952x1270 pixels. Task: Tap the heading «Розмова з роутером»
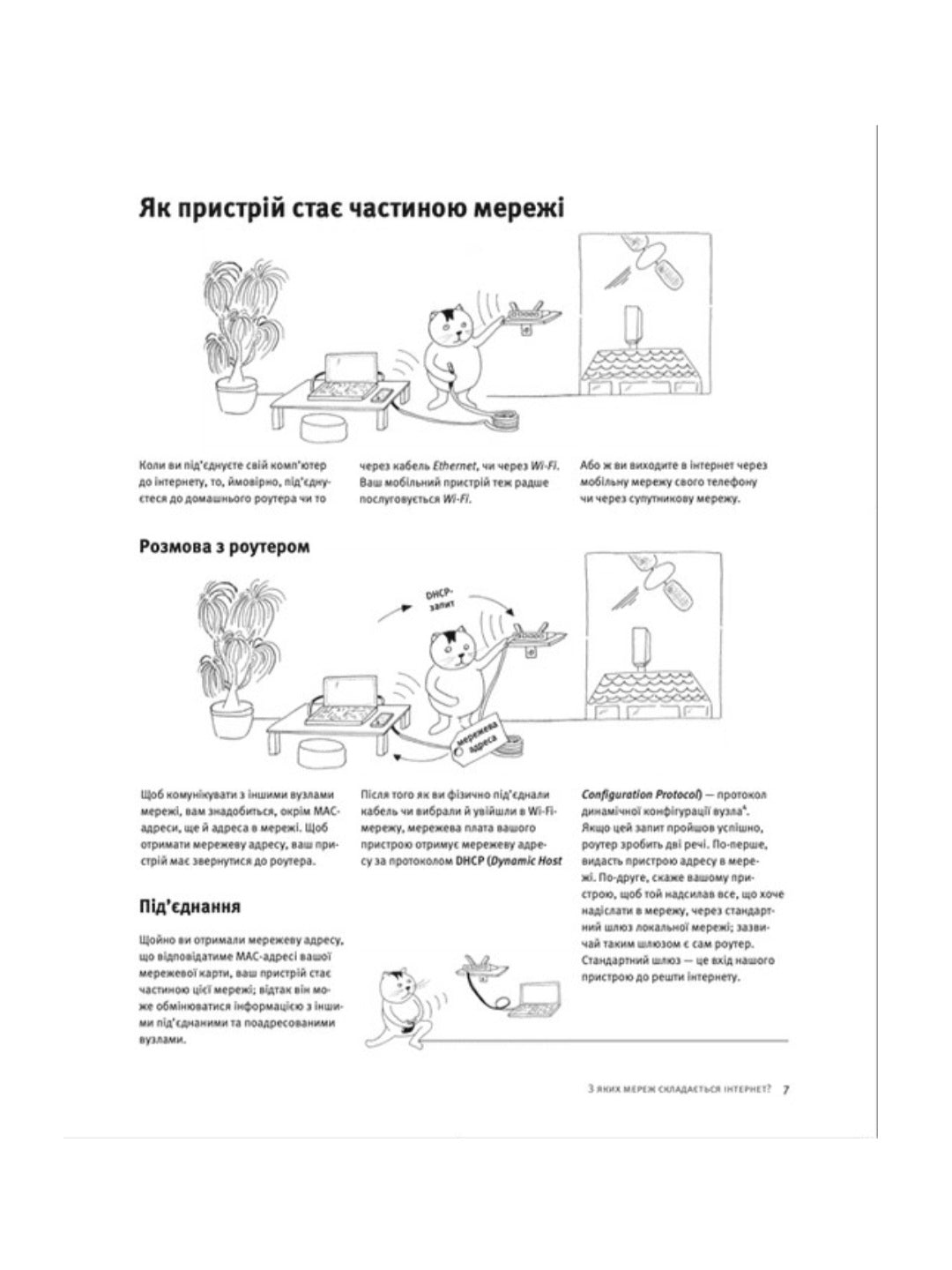click(225, 547)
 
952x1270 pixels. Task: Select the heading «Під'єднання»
click(190, 908)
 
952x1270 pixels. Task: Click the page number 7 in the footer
click(785, 1088)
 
